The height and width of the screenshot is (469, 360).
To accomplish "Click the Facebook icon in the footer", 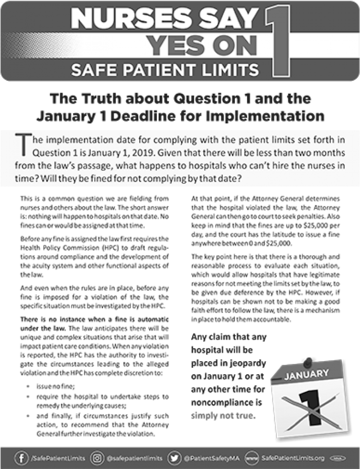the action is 22,458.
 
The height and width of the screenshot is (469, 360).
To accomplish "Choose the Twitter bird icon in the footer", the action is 174,458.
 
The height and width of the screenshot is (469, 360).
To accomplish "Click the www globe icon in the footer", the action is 252,458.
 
